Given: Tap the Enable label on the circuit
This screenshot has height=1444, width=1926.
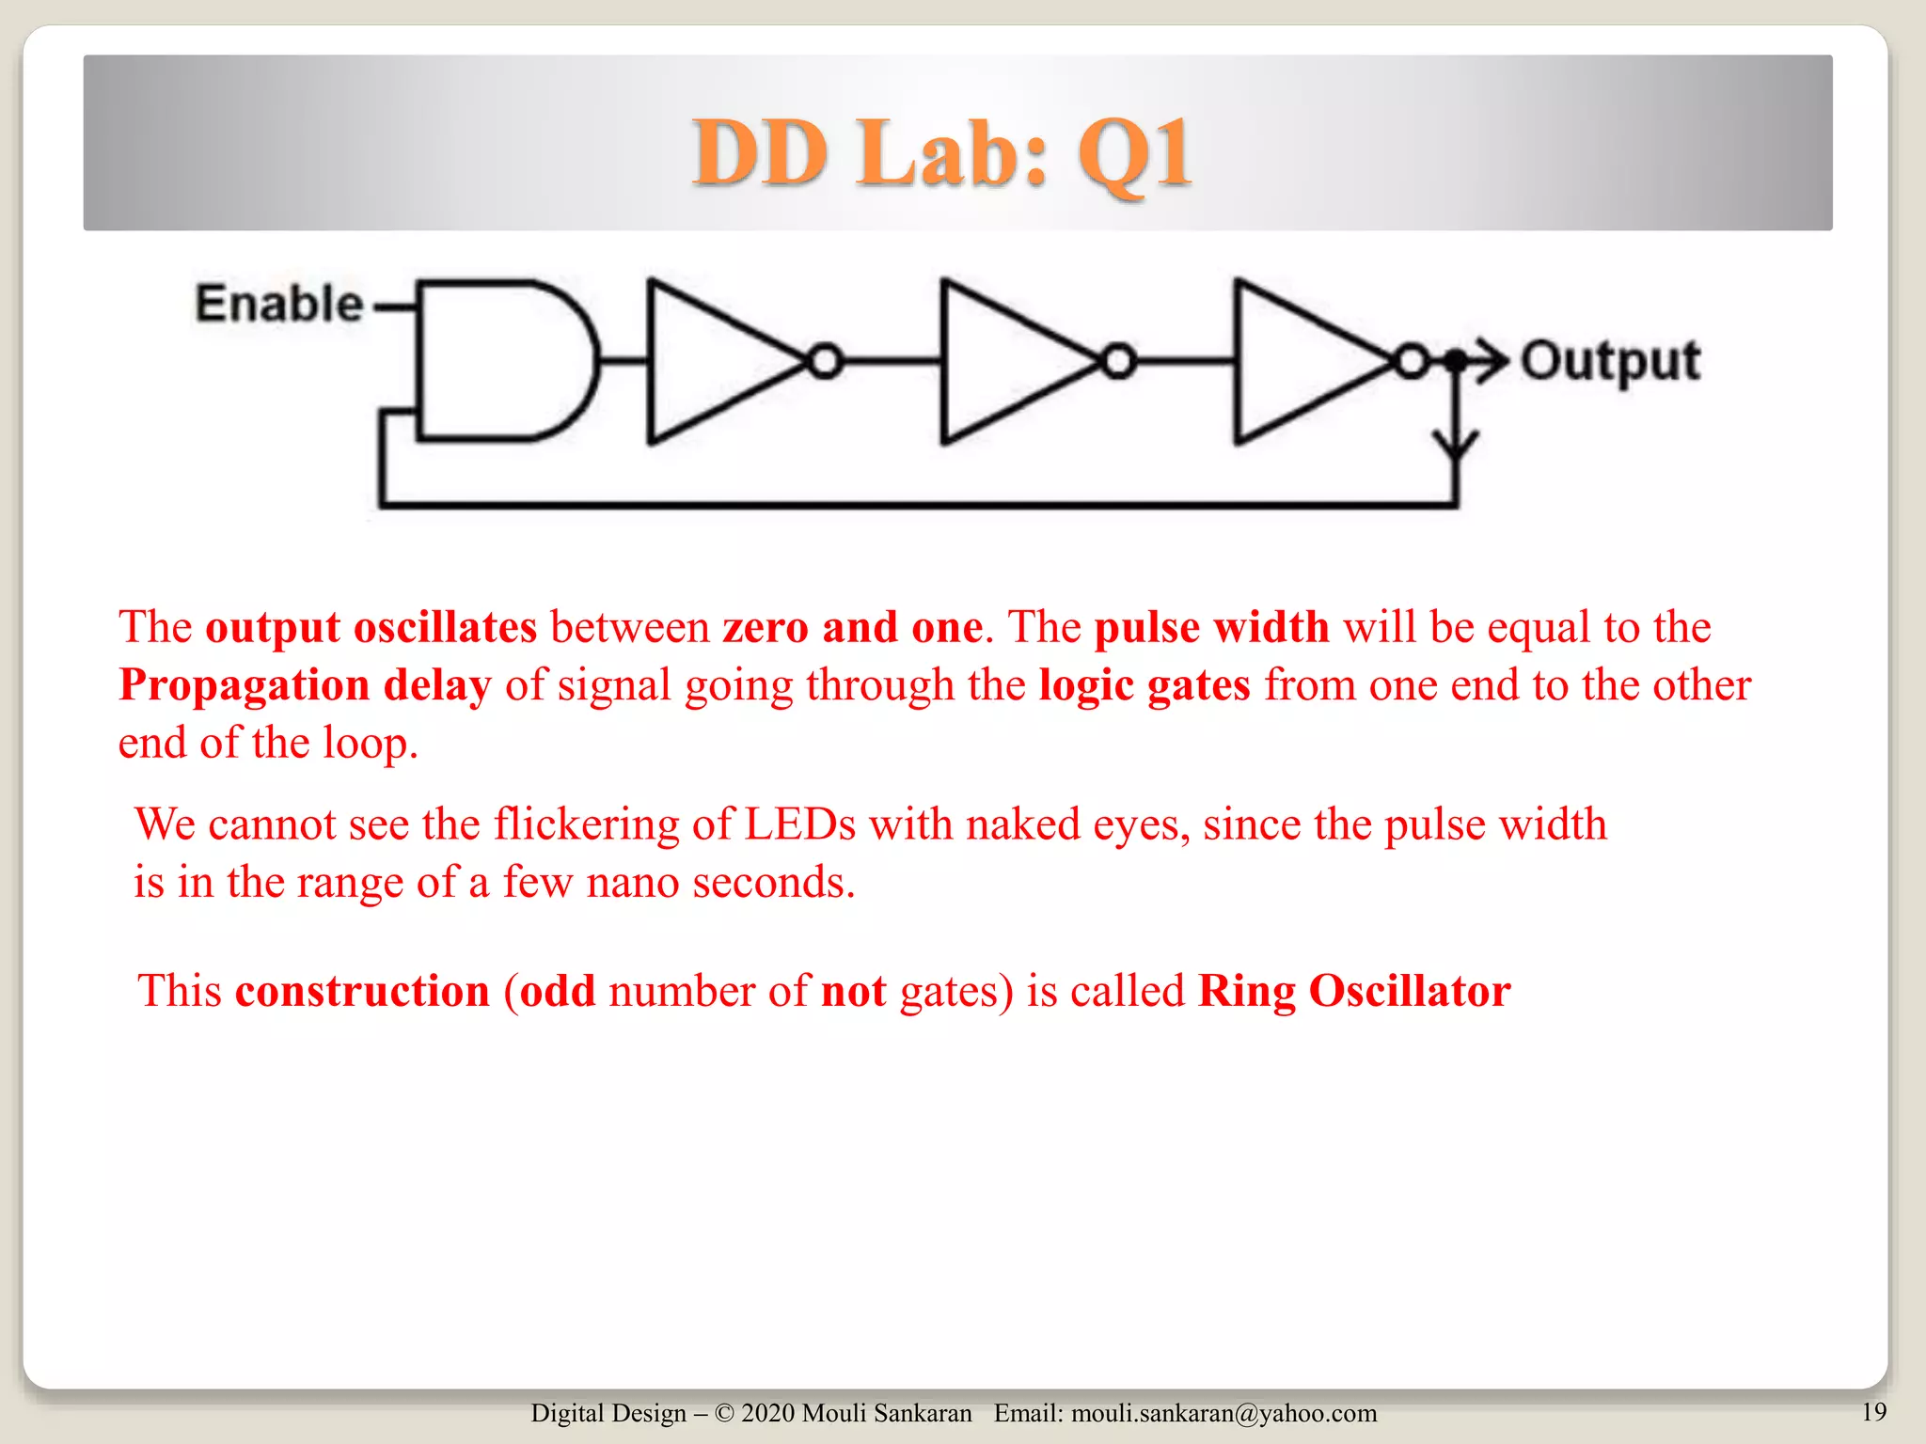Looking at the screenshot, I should click(278, 304).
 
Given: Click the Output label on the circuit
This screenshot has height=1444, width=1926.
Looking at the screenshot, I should click(1611, 361).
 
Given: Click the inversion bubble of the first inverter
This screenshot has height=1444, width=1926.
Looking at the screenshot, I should click(825, 361).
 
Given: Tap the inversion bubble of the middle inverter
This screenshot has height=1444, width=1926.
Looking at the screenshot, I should click(1118, 361).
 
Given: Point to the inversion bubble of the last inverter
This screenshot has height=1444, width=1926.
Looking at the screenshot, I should click(1412, 361).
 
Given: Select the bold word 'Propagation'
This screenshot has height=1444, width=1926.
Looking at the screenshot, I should click(244, 685).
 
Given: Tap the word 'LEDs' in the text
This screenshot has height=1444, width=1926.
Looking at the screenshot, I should click(799, 824).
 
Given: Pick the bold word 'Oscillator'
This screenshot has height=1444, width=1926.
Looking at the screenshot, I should click(1410, 991).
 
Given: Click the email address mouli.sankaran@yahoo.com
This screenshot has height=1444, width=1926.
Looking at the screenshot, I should click(1223, 1413).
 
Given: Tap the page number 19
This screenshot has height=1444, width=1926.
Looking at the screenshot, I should click(1873, 1411).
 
